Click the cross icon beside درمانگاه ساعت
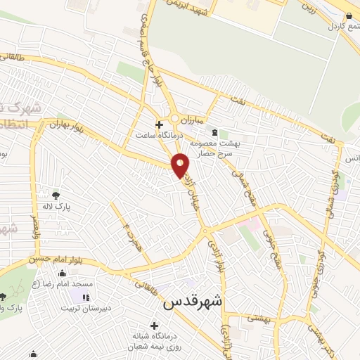pyautogui.click(x=160, y=124)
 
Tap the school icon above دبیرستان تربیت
pyautogui.click(x=86, y=298)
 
